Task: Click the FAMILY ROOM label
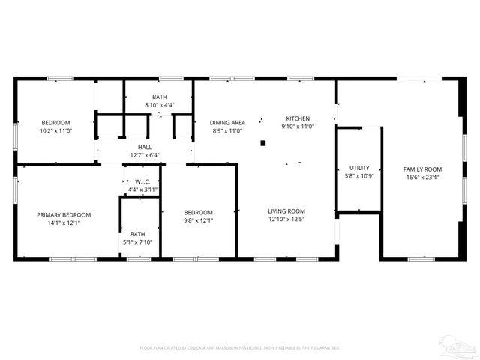(422, 169)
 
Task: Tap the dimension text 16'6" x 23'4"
(422, 178)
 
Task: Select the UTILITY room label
(359, 168)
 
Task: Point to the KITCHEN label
(297, 118)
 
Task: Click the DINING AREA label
(227, 122)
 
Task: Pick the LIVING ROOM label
(286, 211)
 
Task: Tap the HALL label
(145, 147)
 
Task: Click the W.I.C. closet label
(142, 182)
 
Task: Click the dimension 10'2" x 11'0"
(55, 131)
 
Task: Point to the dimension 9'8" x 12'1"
(199, 220)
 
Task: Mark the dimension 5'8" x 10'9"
(359, 176)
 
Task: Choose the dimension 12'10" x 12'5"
(286, 220)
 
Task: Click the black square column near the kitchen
(262, 142)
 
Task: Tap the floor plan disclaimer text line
(240, 347)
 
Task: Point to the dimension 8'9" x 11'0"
(227, 131)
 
